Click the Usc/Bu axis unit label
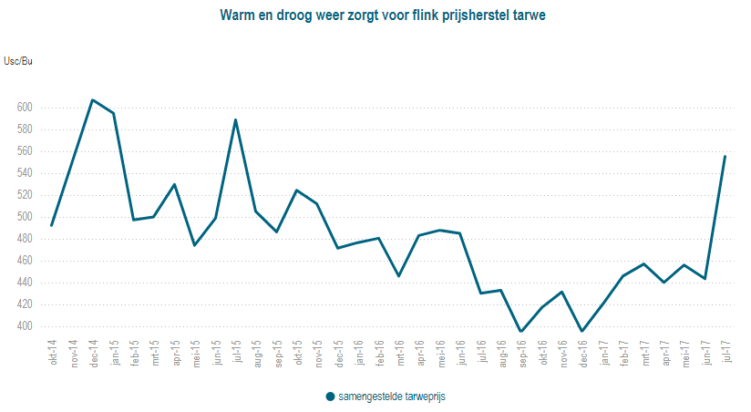(18, 61)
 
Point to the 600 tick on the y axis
(25, 108)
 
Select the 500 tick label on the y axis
(25, 217)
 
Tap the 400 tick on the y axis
(25, 326)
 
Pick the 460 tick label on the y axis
(25, 261)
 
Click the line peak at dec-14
(93, 99)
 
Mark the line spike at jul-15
(236, 119)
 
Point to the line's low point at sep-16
(521, 332)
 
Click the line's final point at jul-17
(725, 156)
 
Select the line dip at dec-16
(581, 332)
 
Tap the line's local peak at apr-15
(174, 184)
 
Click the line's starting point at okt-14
(52, 225)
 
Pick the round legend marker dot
(330, 397)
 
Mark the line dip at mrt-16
(399, 275)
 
